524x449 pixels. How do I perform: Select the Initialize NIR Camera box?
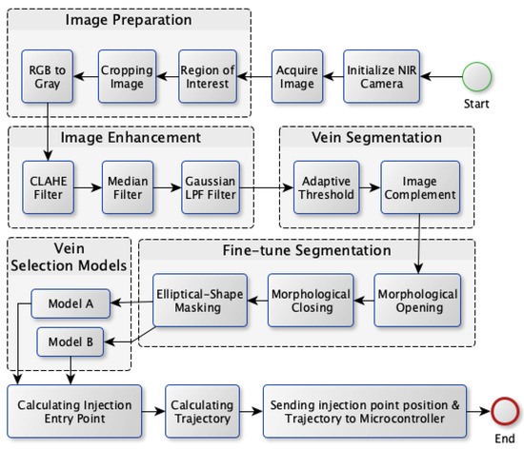pyautogui.click(x=379, y=75)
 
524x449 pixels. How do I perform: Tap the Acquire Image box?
pyautogui.click(x=296, y=75)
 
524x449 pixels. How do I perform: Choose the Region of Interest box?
pyautogui.click(x=207, y=75)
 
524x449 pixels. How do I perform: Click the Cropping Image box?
pyautogui.click(x=127, y=75)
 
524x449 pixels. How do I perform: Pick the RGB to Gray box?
pyautogui.click(x=47, y=75)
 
